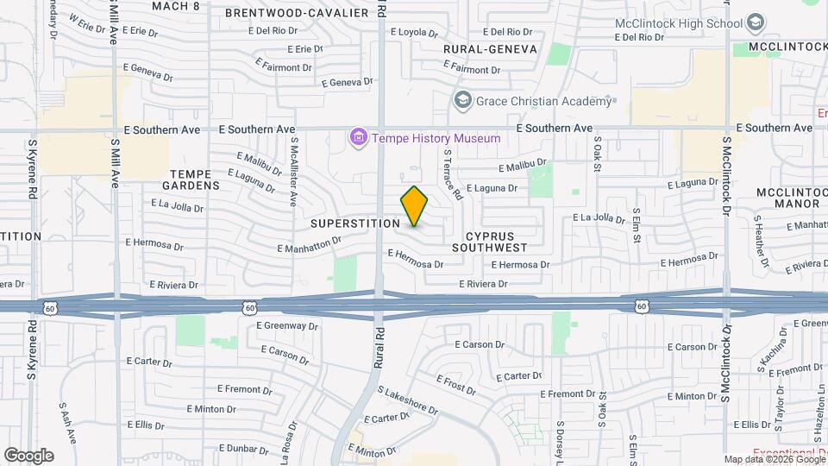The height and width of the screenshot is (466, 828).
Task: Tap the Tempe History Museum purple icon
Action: point(358,137)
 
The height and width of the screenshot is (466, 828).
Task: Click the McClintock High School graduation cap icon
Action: point(756,22)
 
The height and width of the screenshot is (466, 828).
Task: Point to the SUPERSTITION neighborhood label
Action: point(355,224)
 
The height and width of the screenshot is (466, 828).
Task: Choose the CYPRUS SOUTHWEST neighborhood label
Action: point(496,241)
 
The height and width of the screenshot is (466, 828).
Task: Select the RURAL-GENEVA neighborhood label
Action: point(490,49)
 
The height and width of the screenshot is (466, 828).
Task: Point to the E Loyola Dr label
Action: point(416,32)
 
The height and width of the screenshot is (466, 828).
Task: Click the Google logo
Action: point(28,456)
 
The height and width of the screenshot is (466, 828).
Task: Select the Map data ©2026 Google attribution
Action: point(774,460)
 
